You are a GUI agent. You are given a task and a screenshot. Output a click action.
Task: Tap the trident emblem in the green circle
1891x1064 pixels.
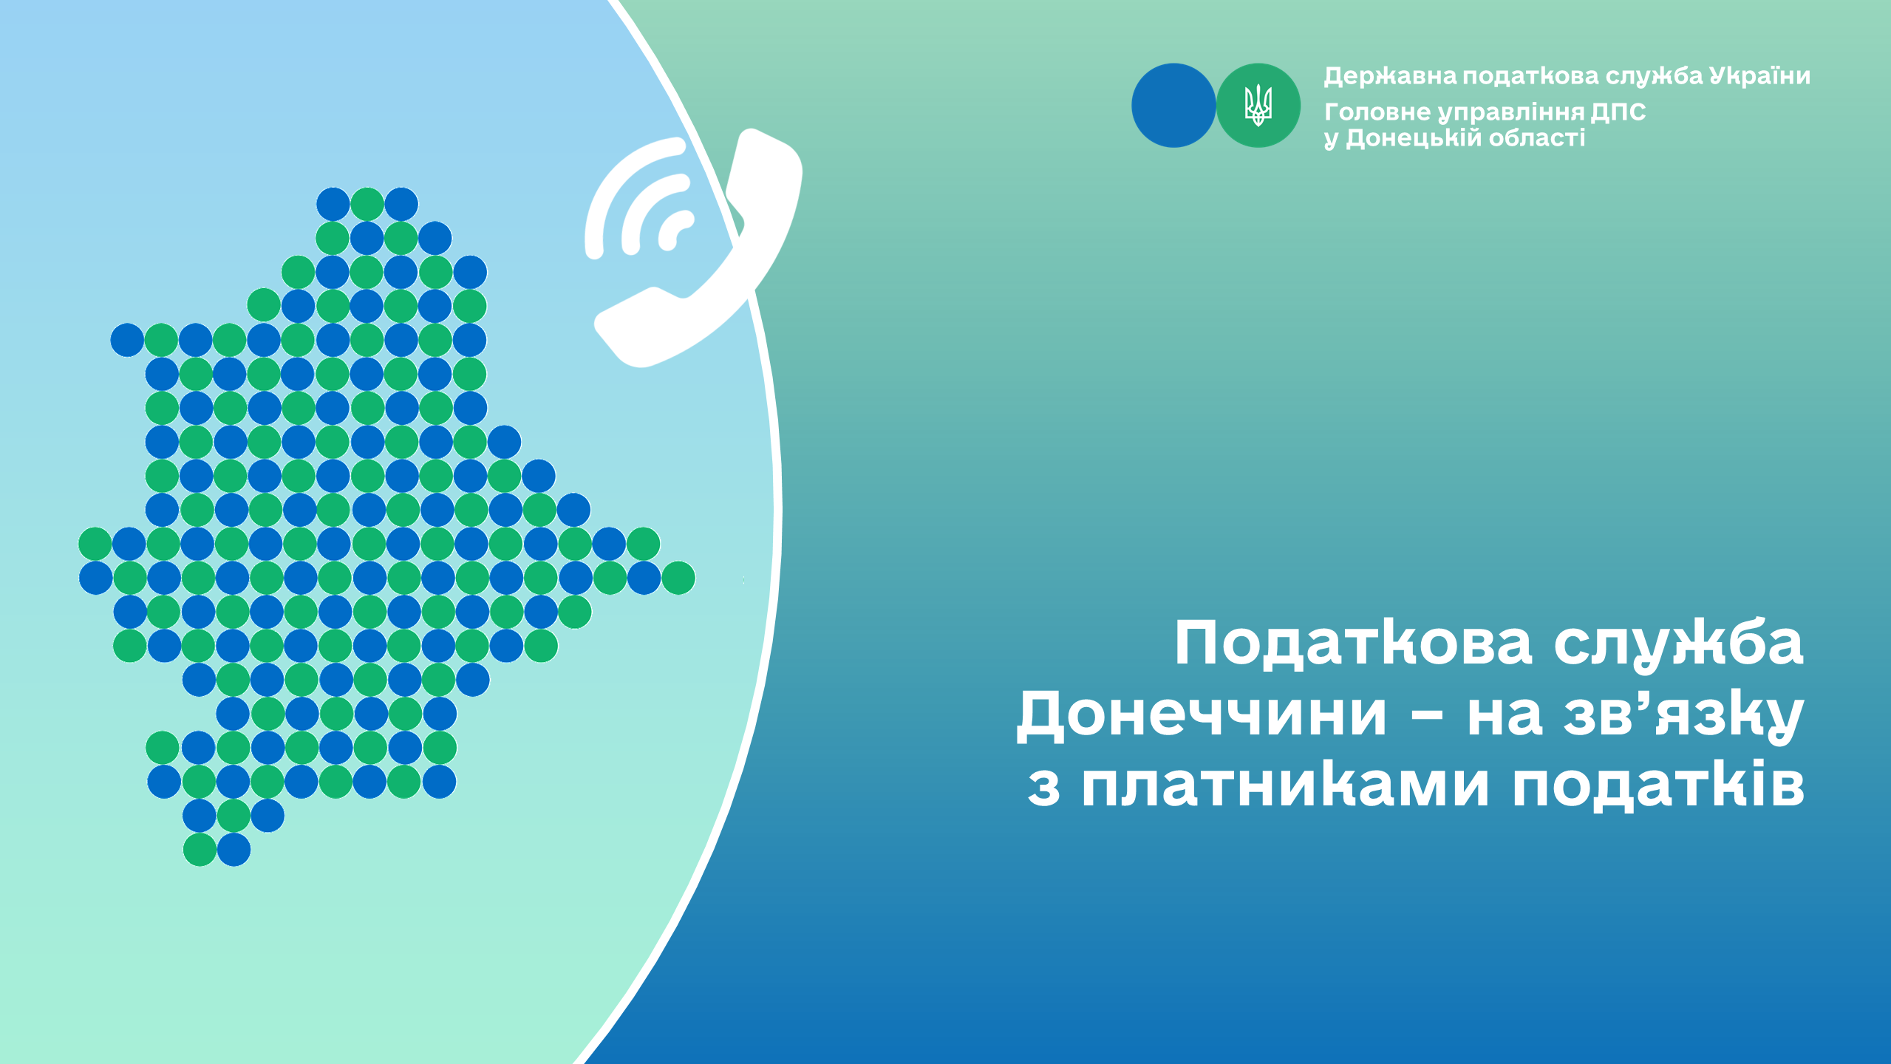coord(1258,105)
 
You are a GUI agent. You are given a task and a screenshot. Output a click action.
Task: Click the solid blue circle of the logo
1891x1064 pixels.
coord(1173,105)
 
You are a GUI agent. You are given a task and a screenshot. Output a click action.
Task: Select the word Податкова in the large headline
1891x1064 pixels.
coord(1353,643)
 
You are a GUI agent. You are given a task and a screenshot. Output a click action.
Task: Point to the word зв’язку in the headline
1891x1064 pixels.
coord(1683,715)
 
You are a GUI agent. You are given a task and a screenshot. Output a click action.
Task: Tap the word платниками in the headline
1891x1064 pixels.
coord(1285,785)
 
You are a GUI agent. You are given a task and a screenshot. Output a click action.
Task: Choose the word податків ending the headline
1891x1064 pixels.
coord(1658,785)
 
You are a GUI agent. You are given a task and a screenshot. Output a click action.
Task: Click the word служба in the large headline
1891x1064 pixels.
coord(1678,643)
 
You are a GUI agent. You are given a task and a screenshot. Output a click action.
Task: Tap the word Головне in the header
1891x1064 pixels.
coord(1377,112)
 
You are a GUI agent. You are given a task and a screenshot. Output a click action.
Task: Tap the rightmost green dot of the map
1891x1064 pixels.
coord(678,578)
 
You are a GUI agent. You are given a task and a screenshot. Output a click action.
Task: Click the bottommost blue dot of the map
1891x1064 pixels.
coord(234,850)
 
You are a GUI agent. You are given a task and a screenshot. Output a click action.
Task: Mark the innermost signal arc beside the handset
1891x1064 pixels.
coord(674,230)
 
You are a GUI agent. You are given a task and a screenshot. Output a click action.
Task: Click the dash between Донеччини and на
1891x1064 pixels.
coord(1427,717)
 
